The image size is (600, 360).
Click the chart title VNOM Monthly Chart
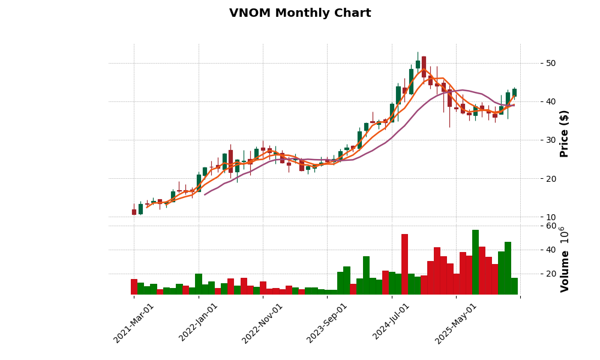(300, 13)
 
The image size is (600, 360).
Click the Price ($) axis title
(564, 133)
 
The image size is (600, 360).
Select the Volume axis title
(564, 259)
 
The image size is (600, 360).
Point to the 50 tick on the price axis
(550, 63)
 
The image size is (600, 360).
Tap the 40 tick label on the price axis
(550, 101)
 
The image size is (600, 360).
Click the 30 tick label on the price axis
(550, 140)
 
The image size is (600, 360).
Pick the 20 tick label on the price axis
(550, 178)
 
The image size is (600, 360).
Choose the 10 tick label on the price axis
(550, 217)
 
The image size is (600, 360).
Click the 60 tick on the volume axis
(550, 226)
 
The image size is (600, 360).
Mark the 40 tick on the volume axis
(550, 250)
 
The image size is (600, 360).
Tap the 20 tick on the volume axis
(550, 274)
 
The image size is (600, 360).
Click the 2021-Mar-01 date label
(134, 323)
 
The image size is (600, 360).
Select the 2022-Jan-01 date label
(199, 323)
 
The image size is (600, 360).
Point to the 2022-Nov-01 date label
(263, 323)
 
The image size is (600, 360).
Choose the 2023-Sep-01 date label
(327, 323)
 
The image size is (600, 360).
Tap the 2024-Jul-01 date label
(392, 323)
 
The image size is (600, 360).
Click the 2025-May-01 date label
(456, 323)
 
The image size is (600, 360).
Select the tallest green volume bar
(475, 262)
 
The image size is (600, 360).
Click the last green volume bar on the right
(514, 286)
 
